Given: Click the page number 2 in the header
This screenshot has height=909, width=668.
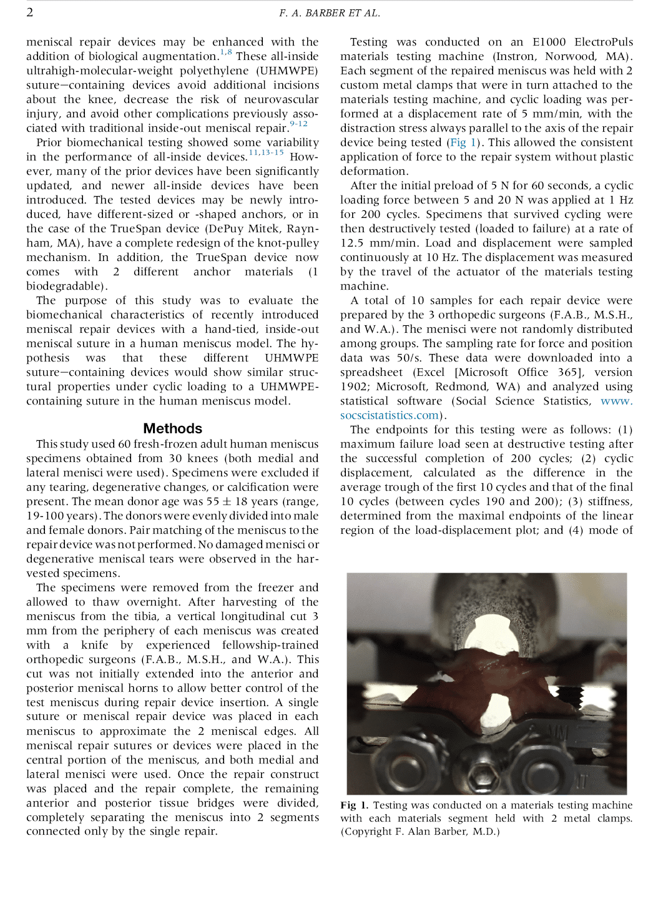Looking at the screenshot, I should coord(29,12).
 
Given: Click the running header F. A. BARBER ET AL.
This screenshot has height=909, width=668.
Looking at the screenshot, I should coord(329,12).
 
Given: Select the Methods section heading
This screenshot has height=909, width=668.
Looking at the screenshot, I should coord(172,428).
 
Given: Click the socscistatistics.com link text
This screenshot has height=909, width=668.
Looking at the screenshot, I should coord(389,415).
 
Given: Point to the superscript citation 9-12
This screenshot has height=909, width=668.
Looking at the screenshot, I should coord(299,124).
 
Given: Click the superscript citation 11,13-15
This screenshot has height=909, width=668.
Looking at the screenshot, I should coord(266,152).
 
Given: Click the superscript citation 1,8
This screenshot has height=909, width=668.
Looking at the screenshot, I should coord(226,52).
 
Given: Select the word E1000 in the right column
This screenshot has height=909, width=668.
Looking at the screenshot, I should coord(549,42).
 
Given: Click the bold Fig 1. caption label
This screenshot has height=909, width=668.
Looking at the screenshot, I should coord(354,805).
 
